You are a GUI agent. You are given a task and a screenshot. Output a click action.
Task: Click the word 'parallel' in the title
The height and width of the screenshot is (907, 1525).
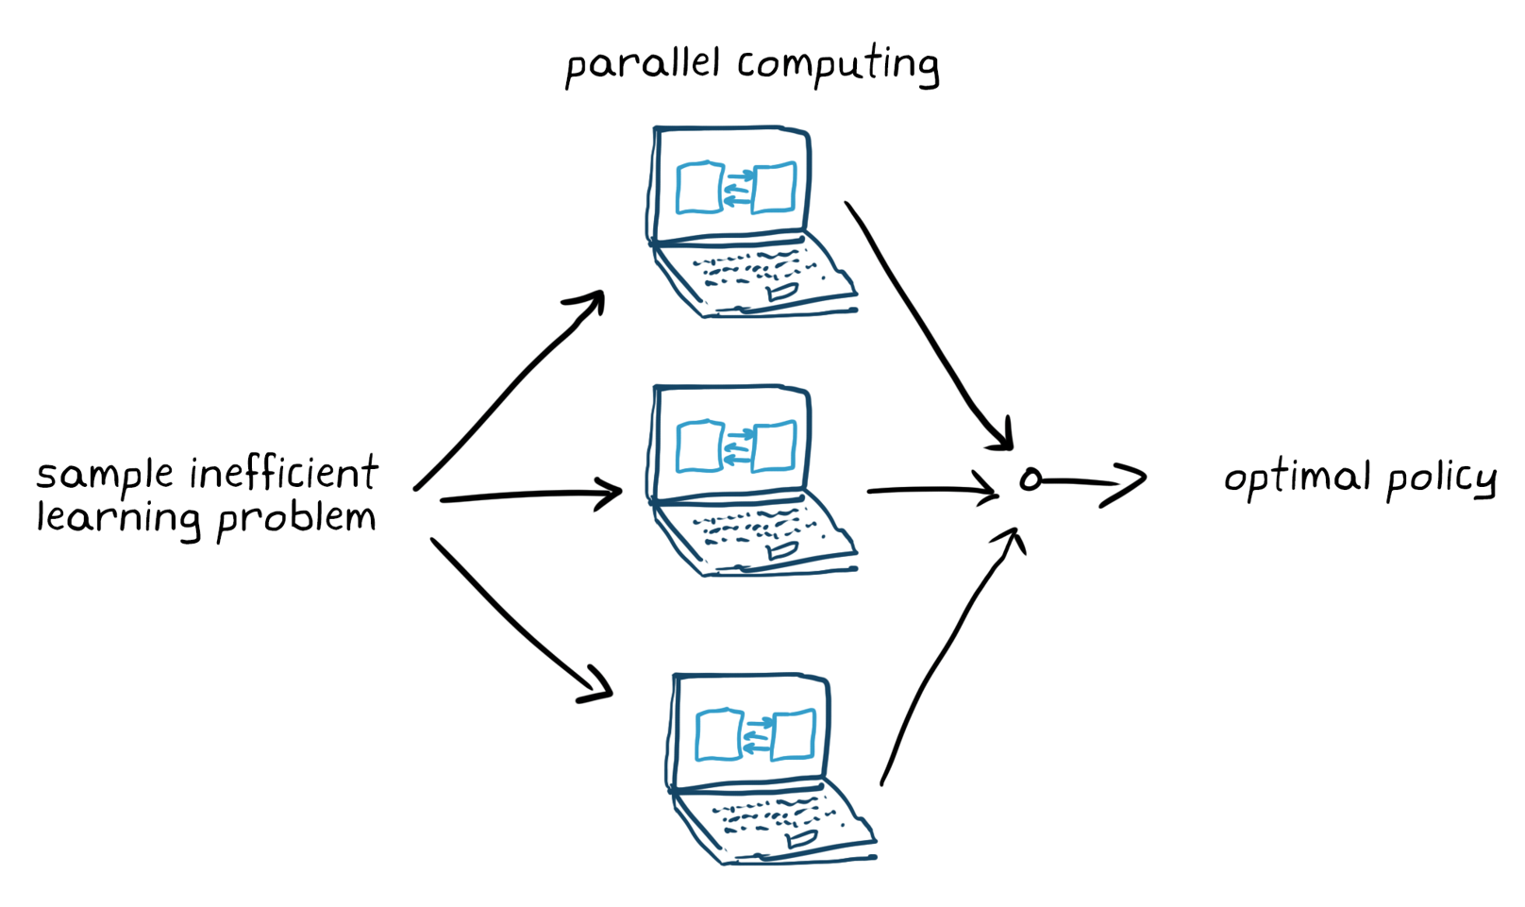pyautogui.click(x=642, y=66)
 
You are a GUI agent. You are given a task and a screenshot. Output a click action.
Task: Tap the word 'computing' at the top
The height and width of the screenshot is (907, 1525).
pyautogui.click(x=838, y=66)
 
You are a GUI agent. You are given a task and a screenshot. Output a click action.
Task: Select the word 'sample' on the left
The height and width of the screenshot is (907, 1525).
pyautogui.click(x=105, y=475)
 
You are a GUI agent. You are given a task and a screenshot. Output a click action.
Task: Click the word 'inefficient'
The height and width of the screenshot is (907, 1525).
pyautogui.click(x=284, y=473)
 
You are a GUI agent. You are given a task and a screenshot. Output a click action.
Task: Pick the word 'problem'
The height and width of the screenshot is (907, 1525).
pyautogui.click(x=296, y=519)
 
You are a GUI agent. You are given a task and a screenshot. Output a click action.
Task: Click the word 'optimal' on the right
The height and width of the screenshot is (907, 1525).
pyautogui.click(x=1297, y=478)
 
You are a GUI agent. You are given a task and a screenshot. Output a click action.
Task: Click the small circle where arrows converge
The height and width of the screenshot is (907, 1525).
pyautogui.click(x=1031, y=479)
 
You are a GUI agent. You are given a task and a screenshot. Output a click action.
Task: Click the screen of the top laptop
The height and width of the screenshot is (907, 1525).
pyautogui.click(x=733, y=185)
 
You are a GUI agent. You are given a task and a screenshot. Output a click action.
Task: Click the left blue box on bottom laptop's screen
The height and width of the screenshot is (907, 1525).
pyautogui.click(x=719, y=734)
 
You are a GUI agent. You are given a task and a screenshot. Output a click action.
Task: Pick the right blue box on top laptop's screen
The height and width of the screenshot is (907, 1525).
pyautogui.click(x=774, y=188)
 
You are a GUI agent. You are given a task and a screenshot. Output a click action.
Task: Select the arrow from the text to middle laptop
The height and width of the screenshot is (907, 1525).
pyautogui.click(x=528, y=495)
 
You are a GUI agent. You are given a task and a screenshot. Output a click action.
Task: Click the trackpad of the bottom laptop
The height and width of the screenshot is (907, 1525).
pyautogui.click(x=800, y=839)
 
